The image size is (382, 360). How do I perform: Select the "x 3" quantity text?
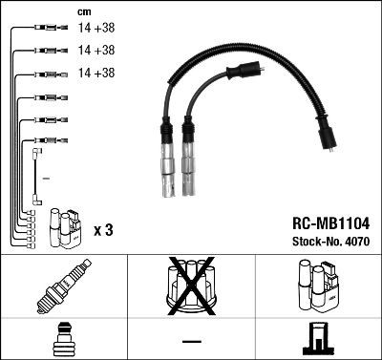click(x=104, y=229)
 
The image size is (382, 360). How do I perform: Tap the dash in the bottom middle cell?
click(x=191, y=341)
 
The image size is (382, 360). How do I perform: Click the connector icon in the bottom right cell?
click(x=319, y=339)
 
